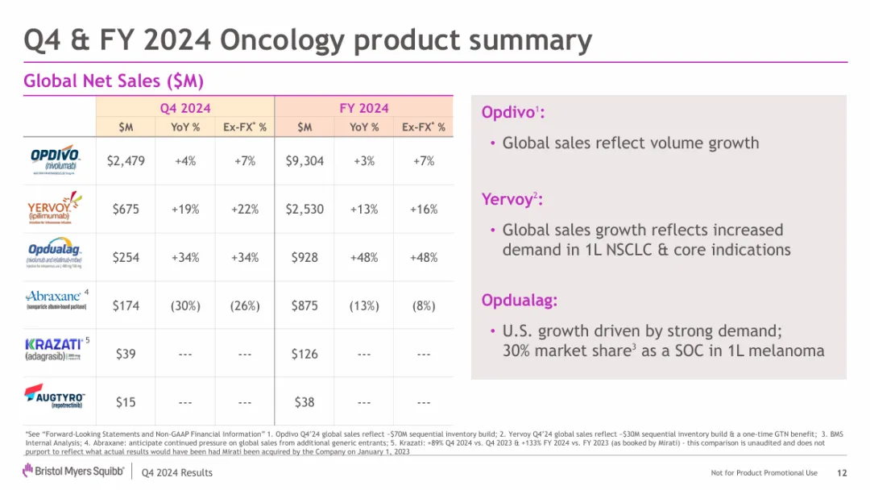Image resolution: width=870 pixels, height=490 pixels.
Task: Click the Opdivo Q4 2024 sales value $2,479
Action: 126,161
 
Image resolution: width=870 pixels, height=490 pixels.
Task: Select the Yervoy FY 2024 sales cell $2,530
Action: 304,210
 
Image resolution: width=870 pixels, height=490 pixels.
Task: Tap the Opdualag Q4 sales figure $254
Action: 126,258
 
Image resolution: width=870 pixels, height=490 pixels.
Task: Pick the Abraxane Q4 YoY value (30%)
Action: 185,305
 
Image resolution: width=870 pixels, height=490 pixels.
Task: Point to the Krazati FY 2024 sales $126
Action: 304,354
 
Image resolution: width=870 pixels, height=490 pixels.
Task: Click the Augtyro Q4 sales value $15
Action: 126,401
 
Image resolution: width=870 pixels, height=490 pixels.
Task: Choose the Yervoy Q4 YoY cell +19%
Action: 185,210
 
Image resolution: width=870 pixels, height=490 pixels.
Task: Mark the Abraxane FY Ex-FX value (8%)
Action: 424,305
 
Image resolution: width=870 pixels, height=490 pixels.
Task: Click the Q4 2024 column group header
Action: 185,108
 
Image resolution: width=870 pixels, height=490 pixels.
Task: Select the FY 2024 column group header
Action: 364,108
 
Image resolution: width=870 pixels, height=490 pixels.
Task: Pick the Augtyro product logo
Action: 55,397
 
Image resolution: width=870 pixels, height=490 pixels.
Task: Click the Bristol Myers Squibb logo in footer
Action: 73,471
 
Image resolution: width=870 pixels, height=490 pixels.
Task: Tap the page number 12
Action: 842,472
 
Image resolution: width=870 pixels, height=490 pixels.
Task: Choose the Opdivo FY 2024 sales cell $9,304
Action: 304,161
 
